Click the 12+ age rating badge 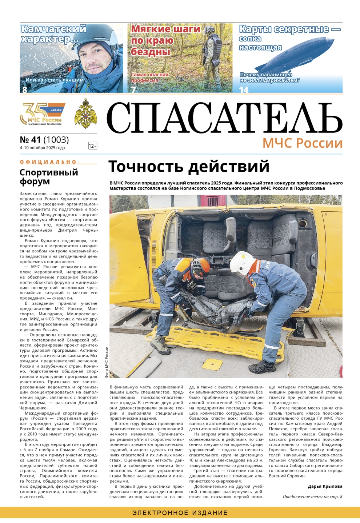[93, 146]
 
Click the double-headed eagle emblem [85, 113]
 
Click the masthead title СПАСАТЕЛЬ [224, 118]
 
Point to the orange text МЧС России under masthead [302, 143]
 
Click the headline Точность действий [189, 167]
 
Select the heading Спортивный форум [49, 177]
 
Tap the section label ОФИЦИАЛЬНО [48, 162]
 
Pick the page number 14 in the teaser [244, 89]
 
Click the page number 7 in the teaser [133, 89]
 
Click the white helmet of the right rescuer [241, 261]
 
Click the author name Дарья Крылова [325, 486]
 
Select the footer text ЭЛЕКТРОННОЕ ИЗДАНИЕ [180, 513]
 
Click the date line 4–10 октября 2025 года [42, 148]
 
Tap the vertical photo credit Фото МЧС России [107, 362]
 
